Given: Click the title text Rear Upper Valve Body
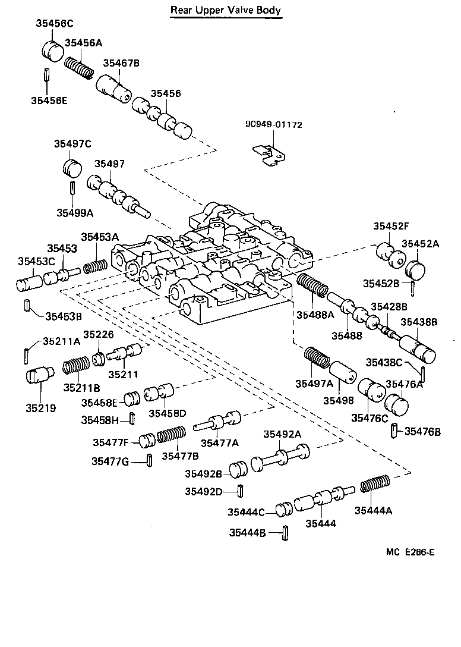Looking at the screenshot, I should click(x=226, y=10).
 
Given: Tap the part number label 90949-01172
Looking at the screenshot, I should click(x=273, y=125).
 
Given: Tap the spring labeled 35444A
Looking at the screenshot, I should click(x=375, y=484).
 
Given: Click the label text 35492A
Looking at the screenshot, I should click(x=282, y=434).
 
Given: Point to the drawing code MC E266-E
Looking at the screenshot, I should click(x=410, y=552).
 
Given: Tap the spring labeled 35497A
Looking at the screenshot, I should click(x=318, y=360).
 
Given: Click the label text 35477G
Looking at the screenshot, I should click(x=110, y=461).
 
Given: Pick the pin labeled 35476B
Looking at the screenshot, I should click(x=394, y=431).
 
